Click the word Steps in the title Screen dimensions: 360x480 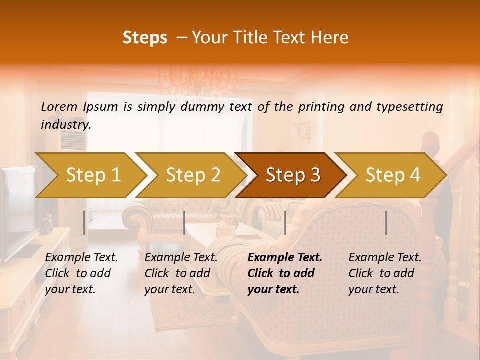[145, 38]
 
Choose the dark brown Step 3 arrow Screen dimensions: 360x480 [293, 175]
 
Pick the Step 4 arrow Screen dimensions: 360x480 [393, 175]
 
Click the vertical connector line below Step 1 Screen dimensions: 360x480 [84, 223]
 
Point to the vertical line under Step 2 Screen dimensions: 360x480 [184, 223]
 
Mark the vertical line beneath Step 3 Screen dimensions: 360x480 [285, 223]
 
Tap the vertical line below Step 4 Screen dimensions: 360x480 [386, 223]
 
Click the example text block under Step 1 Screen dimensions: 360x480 [81, 273]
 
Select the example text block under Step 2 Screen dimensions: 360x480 [181, 273]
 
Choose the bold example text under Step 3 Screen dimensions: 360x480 [284, 273]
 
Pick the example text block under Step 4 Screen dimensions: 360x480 [385, 273]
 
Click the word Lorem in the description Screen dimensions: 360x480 [59, 106]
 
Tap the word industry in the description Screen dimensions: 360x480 [65, 124]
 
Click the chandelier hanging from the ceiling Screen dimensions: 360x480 [197, 80]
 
